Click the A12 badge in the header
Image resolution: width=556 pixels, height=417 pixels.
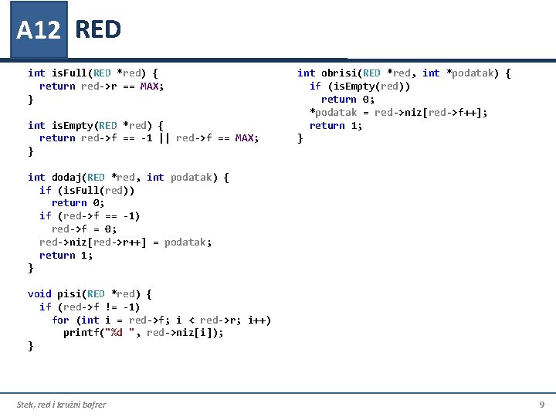pos(38,30)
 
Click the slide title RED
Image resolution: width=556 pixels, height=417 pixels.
pos(98,29)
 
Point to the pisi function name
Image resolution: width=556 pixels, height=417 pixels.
pos(69,293)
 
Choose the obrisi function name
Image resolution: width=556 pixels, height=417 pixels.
pos(340,73)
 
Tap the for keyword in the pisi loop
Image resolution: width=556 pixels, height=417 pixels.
pos(60,320)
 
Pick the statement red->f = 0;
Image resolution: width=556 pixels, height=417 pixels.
pos(84,229)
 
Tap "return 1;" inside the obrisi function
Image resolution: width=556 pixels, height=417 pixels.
pos(336,125)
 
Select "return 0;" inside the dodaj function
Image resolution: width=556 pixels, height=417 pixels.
pos(77,202)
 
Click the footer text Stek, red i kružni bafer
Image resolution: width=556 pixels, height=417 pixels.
pos(62,405)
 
